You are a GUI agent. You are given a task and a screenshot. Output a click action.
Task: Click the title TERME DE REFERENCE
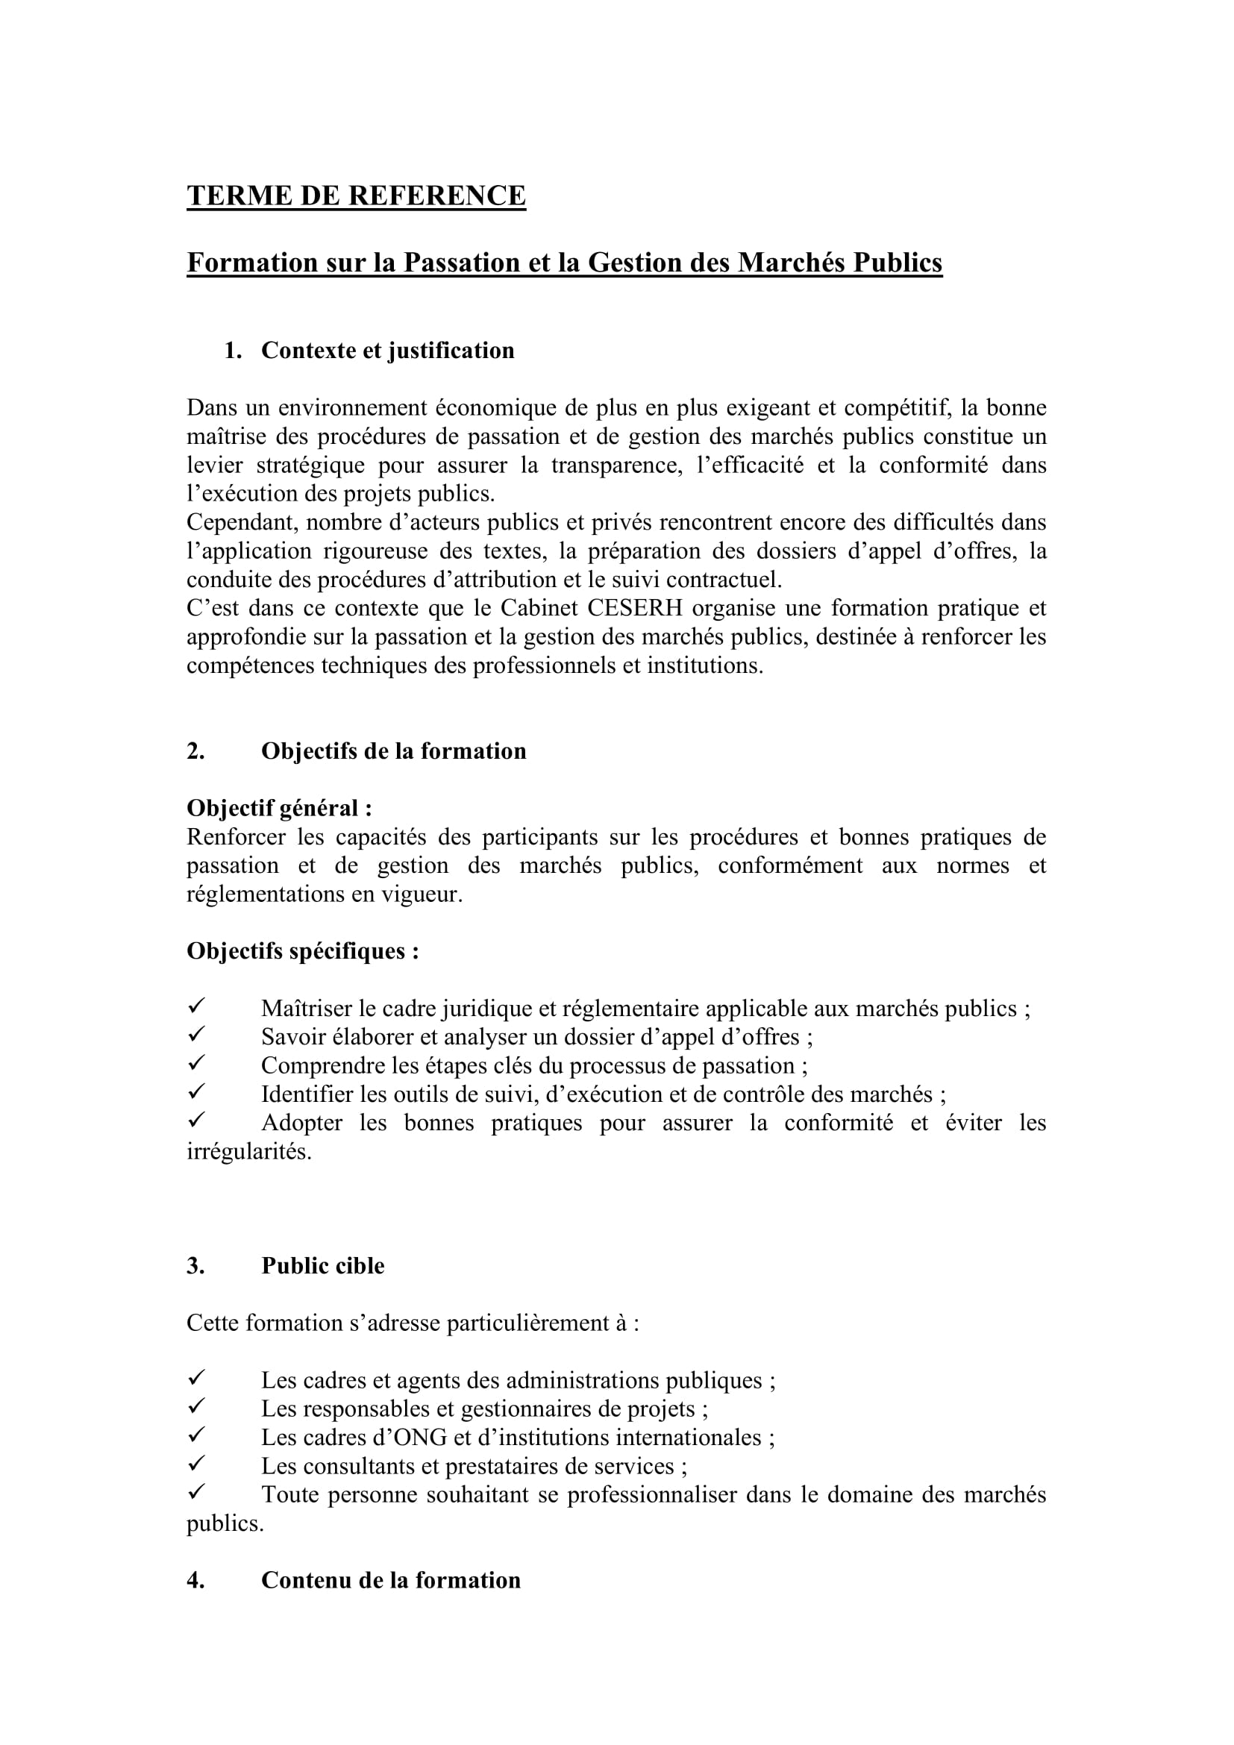[x=356, y=196]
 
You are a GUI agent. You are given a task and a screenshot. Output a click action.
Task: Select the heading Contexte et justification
[x=387, y=351]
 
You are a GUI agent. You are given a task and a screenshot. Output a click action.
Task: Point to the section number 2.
[x=195, y=751]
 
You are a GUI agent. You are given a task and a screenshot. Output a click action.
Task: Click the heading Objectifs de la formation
[x=394, y=751]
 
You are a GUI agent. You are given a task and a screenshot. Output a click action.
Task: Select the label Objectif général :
[x=280, y=808]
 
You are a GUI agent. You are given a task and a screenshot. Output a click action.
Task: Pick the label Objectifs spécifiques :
[x=302, y=950]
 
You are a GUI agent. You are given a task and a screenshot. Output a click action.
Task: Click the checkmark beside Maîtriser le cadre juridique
[x=196, y=1007]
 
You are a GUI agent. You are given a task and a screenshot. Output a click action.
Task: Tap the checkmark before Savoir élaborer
[x=196, y=1036]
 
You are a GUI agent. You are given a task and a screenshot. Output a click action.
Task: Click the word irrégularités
[x=249, y=1151]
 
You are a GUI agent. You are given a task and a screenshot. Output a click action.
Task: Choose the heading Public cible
[x=323, y=1265]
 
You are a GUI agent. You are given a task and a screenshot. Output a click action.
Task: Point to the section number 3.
[x=195, y=1265]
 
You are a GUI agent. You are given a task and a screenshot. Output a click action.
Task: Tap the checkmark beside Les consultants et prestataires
[x=196, y=1464]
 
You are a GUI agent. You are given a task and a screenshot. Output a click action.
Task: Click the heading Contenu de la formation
[x=390, y=1580]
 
